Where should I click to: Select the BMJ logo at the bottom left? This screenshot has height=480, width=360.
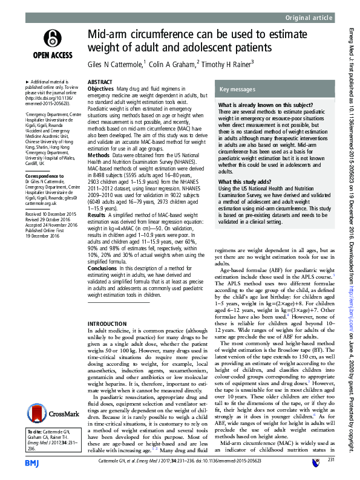click(32, 462)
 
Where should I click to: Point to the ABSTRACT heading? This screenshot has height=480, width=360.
click(99, 81)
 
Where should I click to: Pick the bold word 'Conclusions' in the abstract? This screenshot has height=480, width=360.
click(103, 268)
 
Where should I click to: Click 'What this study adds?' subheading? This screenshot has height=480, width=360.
click(246, 181)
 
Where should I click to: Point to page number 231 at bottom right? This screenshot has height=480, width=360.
click(330, 461)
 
